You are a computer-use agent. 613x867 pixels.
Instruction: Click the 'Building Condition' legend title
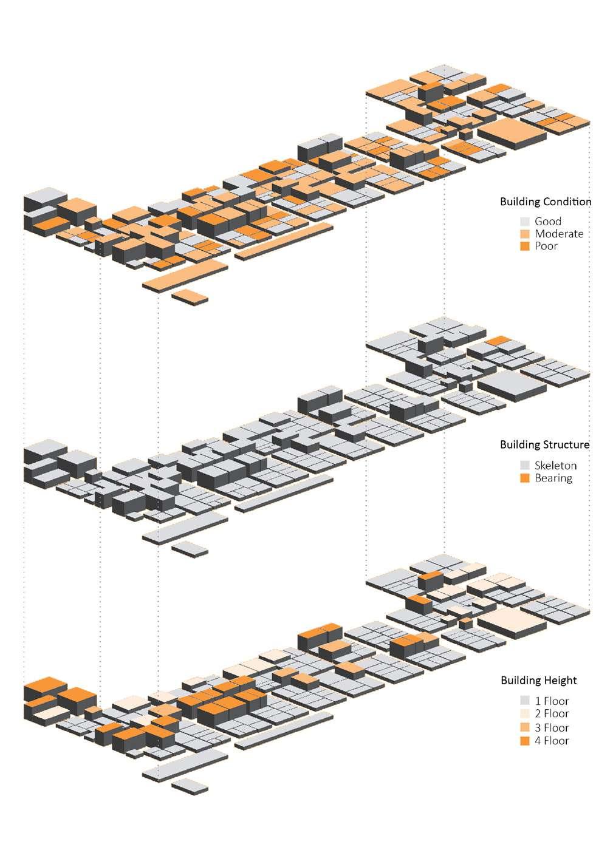(545, 202)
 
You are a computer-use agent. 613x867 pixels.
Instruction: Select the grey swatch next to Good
(525, 222)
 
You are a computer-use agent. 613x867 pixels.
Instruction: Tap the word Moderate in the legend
(558, 234)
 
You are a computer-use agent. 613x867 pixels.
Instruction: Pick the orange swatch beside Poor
(525, 246)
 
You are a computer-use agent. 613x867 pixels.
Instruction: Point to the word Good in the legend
(547, 222)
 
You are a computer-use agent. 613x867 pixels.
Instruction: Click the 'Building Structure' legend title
(544, 444)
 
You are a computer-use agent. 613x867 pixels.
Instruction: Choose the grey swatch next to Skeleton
(525, 466)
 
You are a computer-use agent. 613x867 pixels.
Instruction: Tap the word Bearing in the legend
(553, 478)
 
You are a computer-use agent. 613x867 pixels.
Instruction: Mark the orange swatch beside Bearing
(525, 478)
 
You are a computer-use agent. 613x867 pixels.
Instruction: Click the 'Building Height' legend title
(538, 680)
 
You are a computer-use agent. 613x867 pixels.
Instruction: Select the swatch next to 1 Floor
(525, 701)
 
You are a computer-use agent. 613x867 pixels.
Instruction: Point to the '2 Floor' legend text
(551, 713)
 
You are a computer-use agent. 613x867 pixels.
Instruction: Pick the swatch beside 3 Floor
(525, 727)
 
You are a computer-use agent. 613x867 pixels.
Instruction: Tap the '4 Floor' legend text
(551, 741)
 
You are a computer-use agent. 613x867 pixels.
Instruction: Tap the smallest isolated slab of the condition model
(190, 296)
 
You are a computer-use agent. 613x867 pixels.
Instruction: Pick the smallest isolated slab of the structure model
(190, 548)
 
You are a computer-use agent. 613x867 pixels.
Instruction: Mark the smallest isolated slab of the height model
(190, 786)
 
